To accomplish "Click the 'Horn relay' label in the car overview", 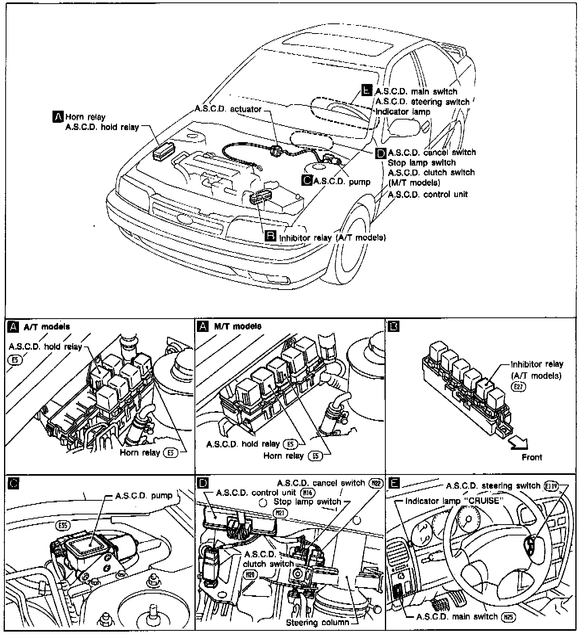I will (85, 117).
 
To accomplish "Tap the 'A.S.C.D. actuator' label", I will (228, 109).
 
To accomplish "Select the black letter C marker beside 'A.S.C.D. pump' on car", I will (307, 181).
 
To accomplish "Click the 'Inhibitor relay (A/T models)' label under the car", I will (332, 237).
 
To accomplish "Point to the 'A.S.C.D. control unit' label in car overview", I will (428, 194).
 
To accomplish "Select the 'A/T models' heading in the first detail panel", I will (47, 327).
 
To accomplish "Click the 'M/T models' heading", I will (238, 326).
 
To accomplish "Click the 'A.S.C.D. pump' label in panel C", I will (144, 495).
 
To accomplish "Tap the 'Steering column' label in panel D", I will (318, 622).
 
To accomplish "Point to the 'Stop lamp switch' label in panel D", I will (307, 502).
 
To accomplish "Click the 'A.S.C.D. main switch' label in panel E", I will (457, 617).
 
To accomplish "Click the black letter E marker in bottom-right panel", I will (394, 482).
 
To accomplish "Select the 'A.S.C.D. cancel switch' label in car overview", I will (432, 153).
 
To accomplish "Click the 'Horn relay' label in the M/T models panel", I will (283, 456).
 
